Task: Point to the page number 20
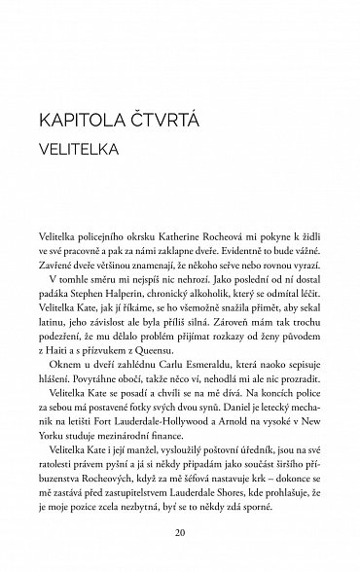point(179,533)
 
